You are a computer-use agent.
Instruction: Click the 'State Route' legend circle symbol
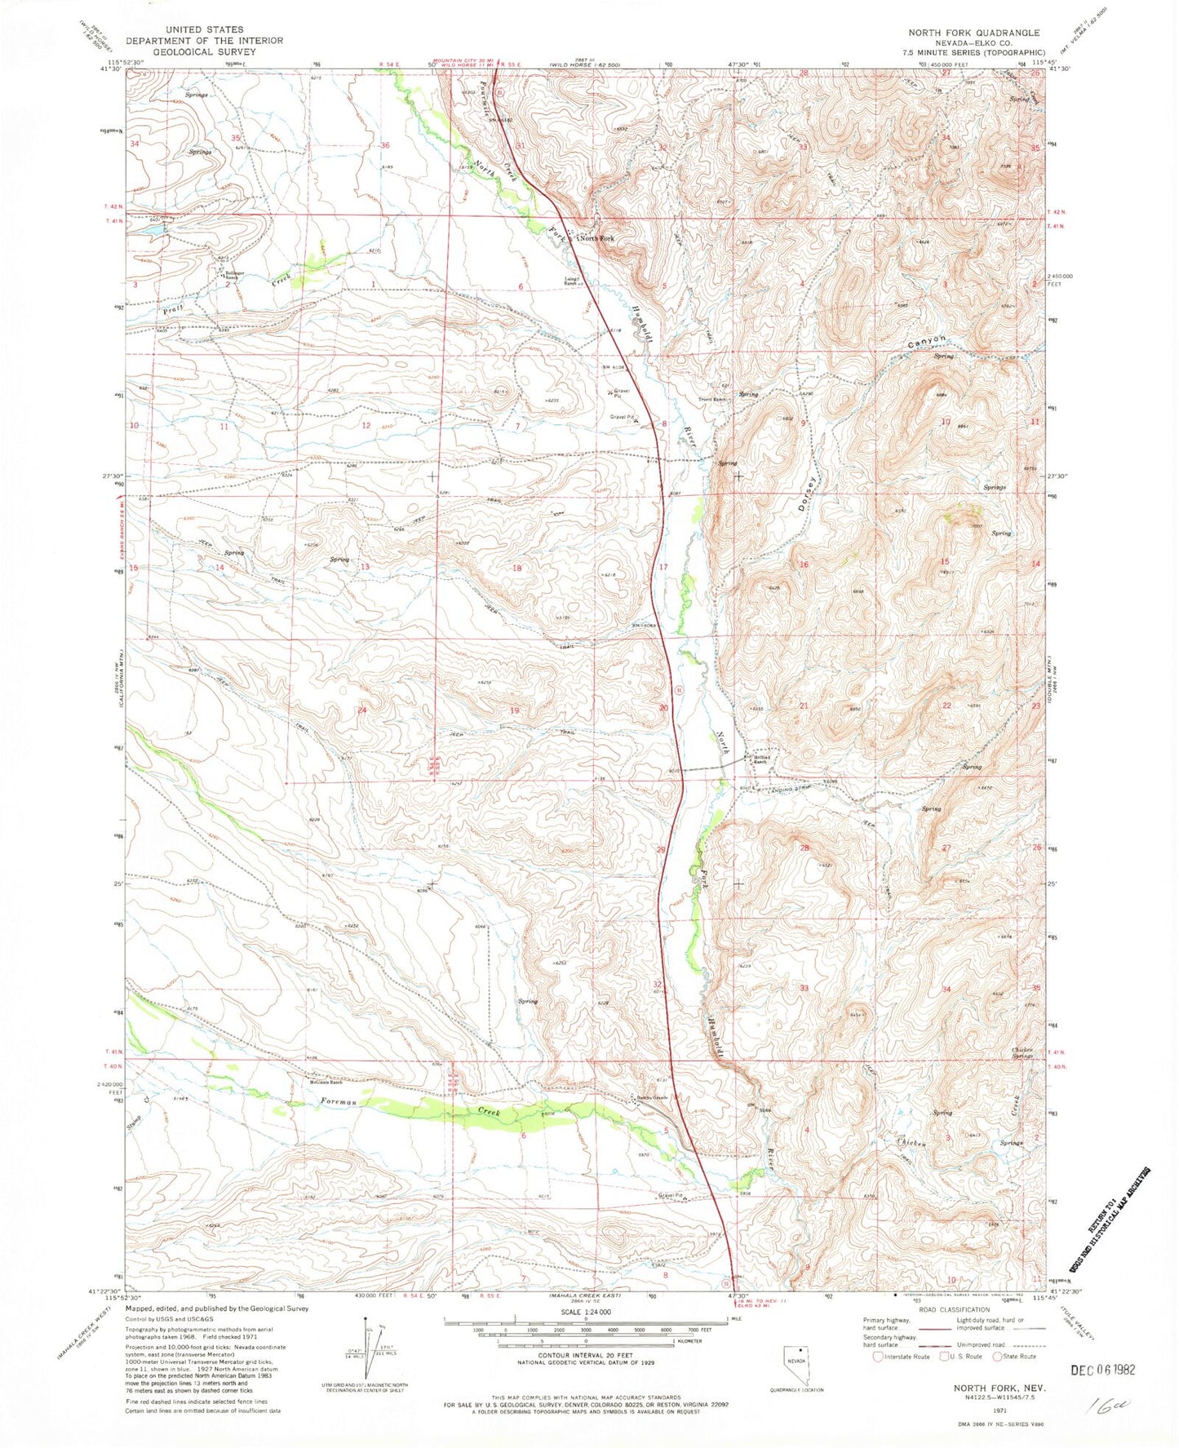(x=997, y=1356)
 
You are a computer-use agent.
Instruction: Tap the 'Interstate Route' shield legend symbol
(x=878, y=1356)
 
